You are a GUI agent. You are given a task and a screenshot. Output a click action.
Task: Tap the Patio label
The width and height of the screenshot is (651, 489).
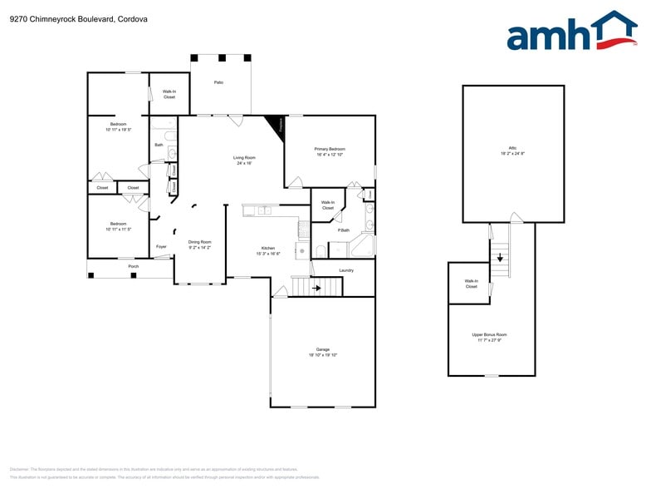pyautogui.click(x=218, y=82)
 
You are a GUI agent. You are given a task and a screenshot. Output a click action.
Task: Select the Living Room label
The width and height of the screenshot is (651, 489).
pyautogui.click(x=243, y=157)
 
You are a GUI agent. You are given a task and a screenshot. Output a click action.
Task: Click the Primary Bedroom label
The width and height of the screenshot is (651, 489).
pyautogui.click(x=330, y=149)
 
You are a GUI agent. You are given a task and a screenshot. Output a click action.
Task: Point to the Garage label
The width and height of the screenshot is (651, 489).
pyautogui.click(x=323, y=349)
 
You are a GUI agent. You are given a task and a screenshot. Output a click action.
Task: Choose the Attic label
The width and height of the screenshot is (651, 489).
pyautogui.click(x=512, y=149)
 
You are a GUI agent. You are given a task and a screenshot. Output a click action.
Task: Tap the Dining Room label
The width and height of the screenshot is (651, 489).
pyautogui.click(x=199, y=242)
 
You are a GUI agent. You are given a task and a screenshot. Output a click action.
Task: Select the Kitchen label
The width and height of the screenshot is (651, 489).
pyautogui.click(x=268, y=249)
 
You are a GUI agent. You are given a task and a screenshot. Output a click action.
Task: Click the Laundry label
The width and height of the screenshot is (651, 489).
pyautogui.click(x=346, y=270)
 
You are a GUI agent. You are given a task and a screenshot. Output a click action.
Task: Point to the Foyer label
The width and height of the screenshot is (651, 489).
pyautogui.click(x=162, y=247)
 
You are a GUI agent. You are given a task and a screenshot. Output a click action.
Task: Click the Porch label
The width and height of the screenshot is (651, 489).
pyautogui.click(x=134, y=266)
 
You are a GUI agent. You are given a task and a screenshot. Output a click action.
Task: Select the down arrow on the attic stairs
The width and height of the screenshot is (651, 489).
pyautogui.click(x=499, y=257)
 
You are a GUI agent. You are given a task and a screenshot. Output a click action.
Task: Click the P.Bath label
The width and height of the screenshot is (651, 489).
pyautogui.click(x=343, y=230)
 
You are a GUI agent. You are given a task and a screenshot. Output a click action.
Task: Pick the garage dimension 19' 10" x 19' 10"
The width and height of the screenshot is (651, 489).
pyautogui.click(x=323, y=355)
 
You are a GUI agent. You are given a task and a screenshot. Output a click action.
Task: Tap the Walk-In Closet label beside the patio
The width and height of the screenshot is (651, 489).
pyautogui.click(x=169, y=94)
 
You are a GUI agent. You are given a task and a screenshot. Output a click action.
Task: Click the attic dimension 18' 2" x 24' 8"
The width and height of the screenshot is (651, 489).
pyautogui.click(x=512, y=154)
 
